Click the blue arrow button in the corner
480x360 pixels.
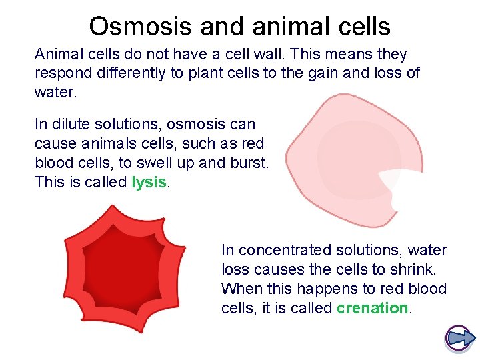coord(459,338)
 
